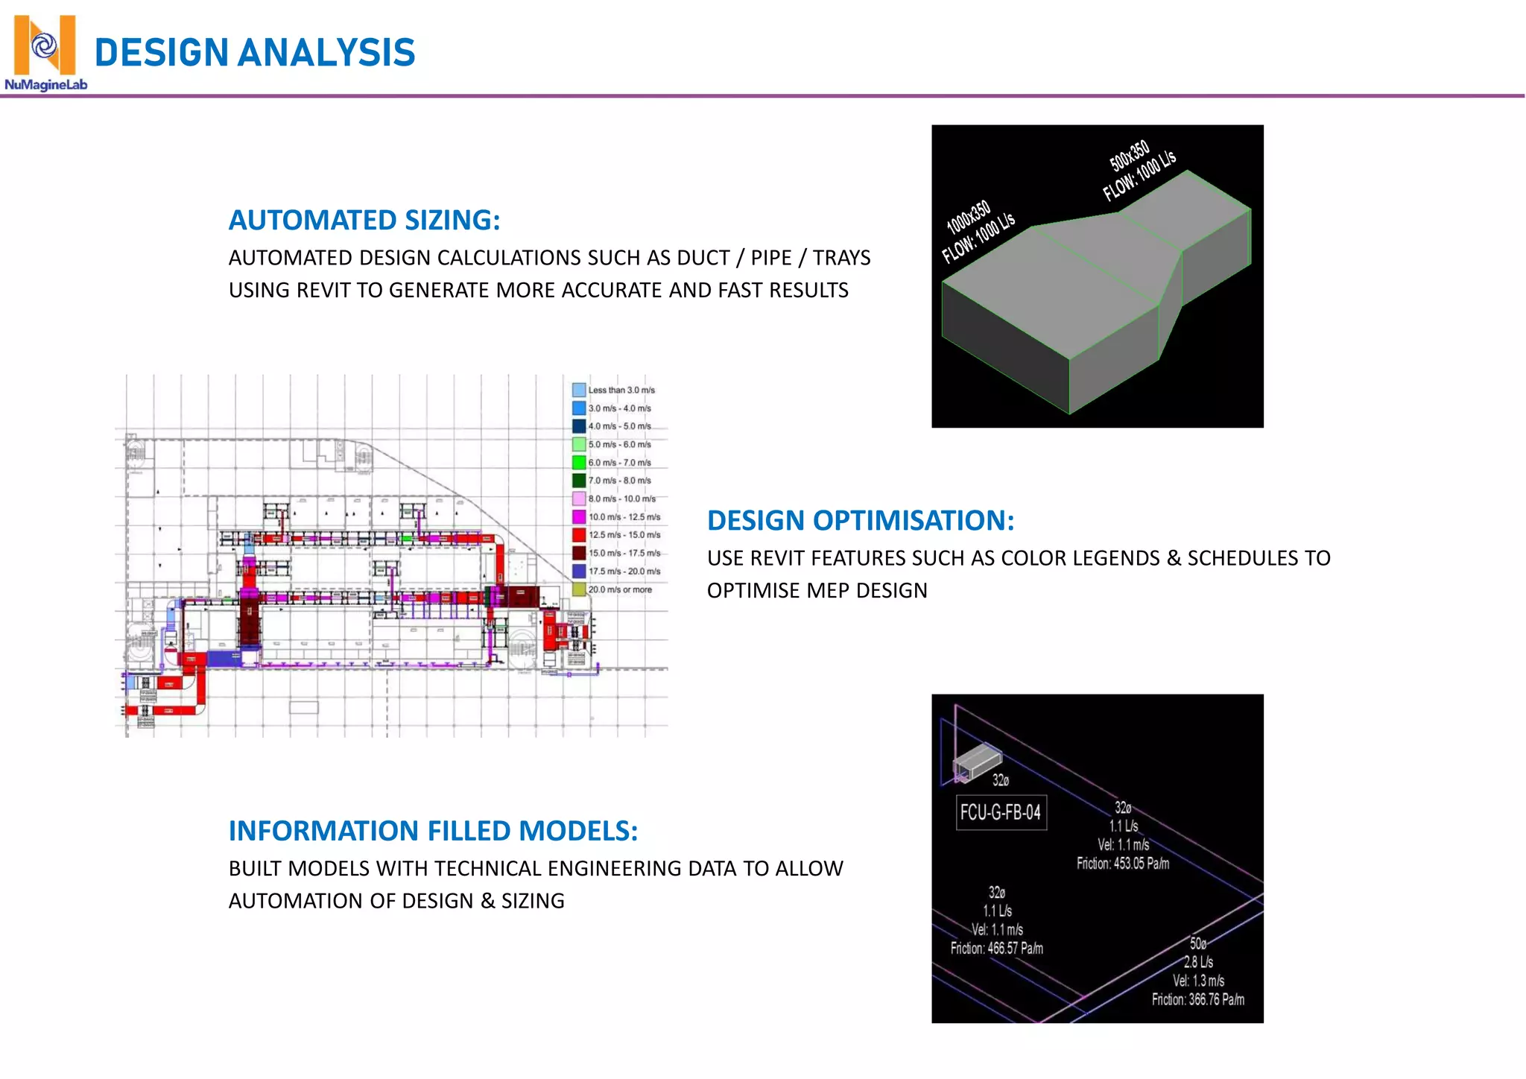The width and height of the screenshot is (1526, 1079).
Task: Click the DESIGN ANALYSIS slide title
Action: point(255,53)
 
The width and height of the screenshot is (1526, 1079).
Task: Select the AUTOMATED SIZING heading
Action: point(364,221)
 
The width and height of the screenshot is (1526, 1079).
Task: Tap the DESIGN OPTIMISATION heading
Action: point(860,521)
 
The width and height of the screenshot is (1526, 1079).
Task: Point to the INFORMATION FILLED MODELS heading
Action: point(433,831)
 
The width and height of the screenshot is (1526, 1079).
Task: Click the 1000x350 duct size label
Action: point(968,216)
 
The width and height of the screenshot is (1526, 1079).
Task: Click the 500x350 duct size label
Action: point(1130,155)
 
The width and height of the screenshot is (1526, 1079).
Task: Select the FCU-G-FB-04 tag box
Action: point(1001,812)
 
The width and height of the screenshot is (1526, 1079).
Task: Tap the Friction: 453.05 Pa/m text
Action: point(1122,864)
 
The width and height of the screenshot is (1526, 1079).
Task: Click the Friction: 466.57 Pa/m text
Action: point(996,949)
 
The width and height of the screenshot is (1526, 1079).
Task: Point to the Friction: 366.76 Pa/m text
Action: point(1197,999)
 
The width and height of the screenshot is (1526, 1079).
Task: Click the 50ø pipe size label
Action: point(1197,943)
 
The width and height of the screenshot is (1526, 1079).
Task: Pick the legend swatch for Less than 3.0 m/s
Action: point(579,390)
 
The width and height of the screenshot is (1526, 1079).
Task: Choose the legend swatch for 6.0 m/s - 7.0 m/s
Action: point(579,463)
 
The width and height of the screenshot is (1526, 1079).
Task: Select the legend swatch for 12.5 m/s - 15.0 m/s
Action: point(579,535)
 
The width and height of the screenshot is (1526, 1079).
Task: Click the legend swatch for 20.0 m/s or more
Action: point(579,589)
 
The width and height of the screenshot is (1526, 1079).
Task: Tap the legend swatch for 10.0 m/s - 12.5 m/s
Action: point(579,517)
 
